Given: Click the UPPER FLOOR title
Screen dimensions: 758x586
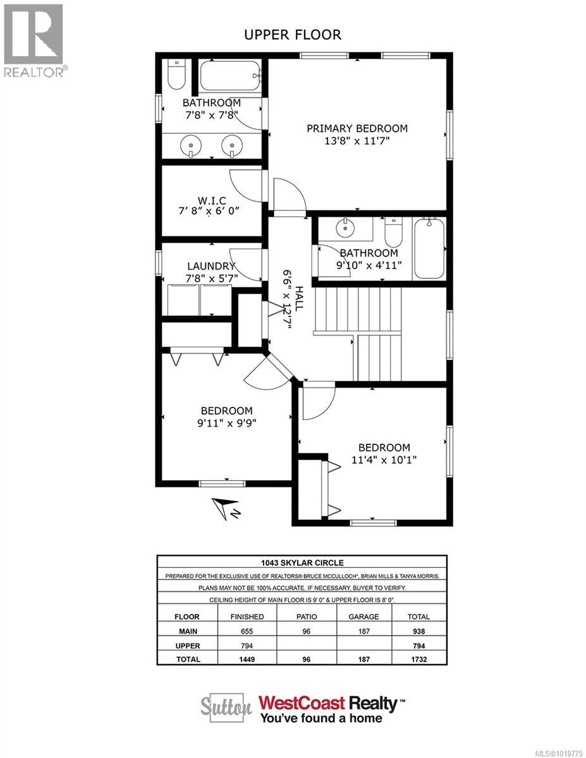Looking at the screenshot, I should (293, 35).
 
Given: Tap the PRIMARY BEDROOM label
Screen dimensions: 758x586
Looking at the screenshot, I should (357, 128).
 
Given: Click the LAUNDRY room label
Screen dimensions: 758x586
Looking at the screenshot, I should (211, 267).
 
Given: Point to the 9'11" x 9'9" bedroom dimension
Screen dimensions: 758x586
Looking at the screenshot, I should (226, 423).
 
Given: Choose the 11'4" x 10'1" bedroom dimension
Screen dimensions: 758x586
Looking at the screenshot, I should (384, 460).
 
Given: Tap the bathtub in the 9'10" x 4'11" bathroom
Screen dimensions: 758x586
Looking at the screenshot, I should (429, 248).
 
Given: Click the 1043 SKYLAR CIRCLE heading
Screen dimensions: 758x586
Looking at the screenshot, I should (302, 563).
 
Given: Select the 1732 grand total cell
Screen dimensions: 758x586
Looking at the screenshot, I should (418, 659).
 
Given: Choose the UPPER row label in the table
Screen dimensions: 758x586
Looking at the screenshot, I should (188, 646).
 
